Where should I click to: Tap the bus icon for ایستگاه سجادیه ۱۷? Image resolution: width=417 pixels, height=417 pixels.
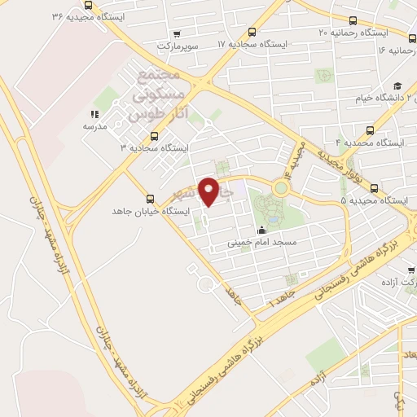pos(252,33)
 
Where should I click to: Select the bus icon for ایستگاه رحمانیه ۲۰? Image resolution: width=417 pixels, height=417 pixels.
pos(352,22)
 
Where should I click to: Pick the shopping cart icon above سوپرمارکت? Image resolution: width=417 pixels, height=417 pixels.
pos(177,34)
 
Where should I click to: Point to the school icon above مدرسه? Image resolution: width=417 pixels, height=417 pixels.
pos(94,115)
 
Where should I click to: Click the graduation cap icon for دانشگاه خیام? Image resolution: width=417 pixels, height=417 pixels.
pos(398,86)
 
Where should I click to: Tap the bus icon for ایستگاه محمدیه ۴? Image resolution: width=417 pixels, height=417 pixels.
pos(371,130)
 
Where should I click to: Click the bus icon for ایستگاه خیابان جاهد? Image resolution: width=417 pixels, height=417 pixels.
pos(149,199)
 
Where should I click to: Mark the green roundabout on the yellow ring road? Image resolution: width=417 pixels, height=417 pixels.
pos(281,187)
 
